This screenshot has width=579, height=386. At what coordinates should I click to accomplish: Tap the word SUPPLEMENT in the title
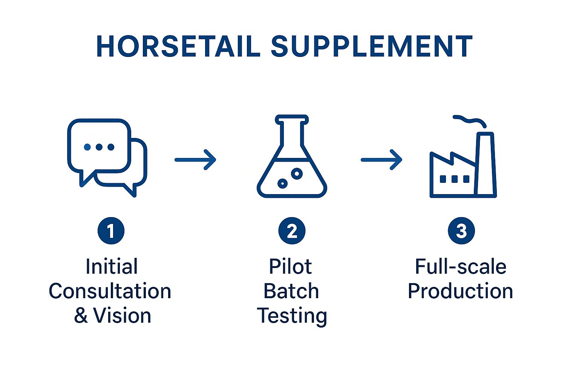(371, 47)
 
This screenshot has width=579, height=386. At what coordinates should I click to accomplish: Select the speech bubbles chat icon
(107, 157)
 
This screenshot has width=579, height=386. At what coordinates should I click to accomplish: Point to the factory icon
(463, 166)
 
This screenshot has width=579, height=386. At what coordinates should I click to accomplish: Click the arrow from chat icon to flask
(195, 160)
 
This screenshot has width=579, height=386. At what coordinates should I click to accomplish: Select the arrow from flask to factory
(381, 160)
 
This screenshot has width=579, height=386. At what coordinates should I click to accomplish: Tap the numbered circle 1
(111, 231)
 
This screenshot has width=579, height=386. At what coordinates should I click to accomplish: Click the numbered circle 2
(292, 231)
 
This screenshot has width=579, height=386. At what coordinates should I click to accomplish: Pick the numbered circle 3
(461, 231)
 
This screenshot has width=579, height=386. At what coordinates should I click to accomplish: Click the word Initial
(112, 267)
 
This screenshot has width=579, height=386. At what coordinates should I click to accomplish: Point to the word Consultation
(110, 291)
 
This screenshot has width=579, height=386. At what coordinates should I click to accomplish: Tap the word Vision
(122, 316)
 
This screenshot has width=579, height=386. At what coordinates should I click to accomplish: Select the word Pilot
(290, 267)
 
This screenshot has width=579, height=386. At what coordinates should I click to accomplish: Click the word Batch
(291, 291)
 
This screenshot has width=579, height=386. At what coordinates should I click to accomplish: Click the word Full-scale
(461, 267)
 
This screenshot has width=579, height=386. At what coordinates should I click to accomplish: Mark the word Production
(460, 291)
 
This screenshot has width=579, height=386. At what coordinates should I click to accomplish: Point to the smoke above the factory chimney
(470, 121)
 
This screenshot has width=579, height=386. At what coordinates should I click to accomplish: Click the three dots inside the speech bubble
(99, 147)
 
